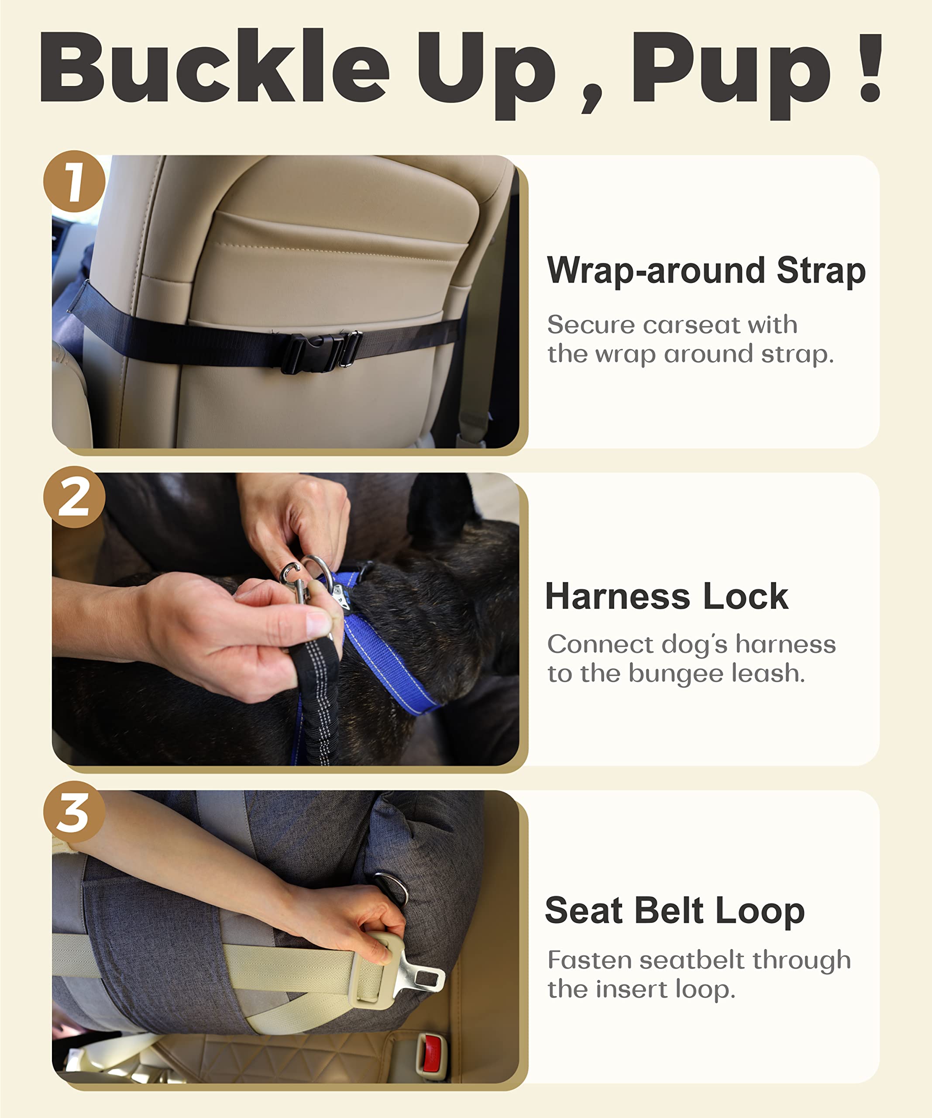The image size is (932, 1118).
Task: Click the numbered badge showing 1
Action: tap(74, 182)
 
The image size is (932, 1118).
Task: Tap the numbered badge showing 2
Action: tap(74, 497)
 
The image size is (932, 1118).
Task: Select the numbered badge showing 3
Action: tap(74, 812)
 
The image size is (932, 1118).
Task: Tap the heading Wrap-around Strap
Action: tap(706, 270)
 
